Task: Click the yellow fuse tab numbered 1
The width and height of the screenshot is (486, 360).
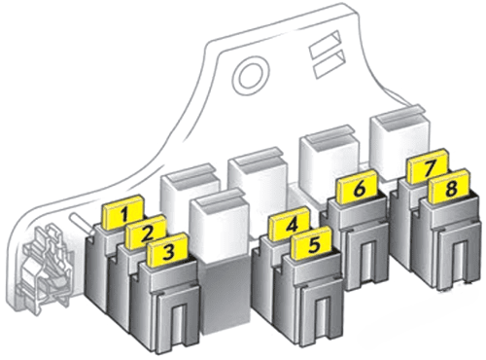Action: coord(123,213)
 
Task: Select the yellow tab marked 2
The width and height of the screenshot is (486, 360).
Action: coord(146,232)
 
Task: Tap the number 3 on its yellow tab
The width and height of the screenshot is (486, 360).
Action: coord(168,250)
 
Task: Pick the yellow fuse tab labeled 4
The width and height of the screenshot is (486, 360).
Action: coord(290,224)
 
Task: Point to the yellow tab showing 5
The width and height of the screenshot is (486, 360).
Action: coord(312,243)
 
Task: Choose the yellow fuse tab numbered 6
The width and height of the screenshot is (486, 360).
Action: coord(358,187)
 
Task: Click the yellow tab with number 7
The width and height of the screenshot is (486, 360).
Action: coord(429,166)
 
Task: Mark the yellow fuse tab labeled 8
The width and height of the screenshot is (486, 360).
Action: coord(449,187)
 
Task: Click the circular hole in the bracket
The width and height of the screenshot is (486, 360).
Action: coord(251,77)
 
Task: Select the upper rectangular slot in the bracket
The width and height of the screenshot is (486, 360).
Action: coord(324,45)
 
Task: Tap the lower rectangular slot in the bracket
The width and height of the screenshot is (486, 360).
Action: coord(329,63)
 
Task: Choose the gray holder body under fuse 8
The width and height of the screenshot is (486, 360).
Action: coord(449,241)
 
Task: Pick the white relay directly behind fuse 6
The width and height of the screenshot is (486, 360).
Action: coord(329,161)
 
